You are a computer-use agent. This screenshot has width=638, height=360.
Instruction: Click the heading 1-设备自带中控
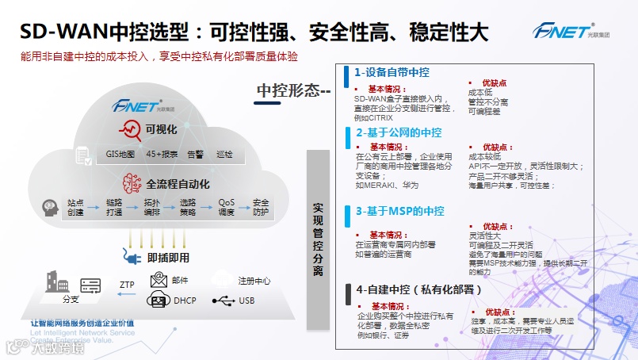pyautogui.click(x=392, y=72)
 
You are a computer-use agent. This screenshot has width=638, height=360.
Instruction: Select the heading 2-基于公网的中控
pyautogui.click(x=399, y=132)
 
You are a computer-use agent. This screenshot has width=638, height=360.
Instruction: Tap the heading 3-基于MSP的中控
pyautogui.click(x=399, y=211)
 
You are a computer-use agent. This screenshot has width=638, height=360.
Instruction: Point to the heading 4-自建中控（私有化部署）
pyautogui.click(x=419, y=289)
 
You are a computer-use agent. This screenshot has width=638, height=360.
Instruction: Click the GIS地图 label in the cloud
pyautogui.click(x=120, y=154)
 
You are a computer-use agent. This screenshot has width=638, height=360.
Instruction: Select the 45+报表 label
pyautogui.click(x=161, y=154)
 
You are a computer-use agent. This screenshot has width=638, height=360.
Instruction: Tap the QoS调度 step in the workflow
pyautogui.click(x=227, y=208)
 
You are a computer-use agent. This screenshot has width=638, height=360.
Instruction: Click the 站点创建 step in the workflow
pyautogui.click(x=75, y=208)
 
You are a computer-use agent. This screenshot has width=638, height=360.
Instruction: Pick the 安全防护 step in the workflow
pyautogui.click(x=261, y=208)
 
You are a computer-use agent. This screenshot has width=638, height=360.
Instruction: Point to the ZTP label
pyautogui.click(x=127, y=284)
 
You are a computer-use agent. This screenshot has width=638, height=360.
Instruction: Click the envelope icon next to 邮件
pyautogui.click(x=159, y=279)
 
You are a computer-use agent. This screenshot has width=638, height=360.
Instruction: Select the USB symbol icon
pyautogui.click(x=224, y=301)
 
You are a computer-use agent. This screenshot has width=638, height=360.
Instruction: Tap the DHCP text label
pyautogui.click(x=184, y=301)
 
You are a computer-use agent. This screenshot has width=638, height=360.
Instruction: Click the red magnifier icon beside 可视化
pyautogui.click(x=128, y=129)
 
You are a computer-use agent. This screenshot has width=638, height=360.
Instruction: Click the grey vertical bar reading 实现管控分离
pyautogui.click(x=318, y=237)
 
